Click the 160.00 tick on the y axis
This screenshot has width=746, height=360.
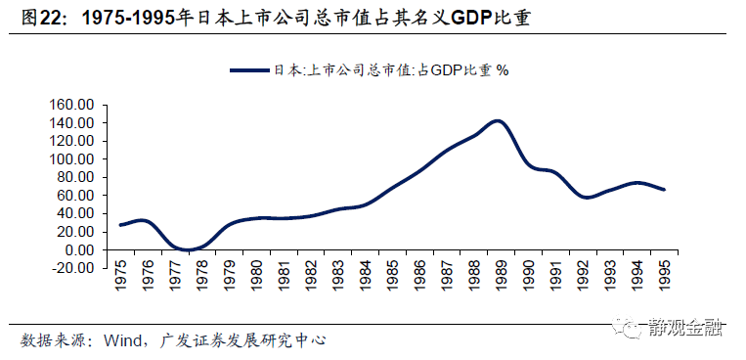[70, 105]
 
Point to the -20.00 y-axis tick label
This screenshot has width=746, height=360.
[70, 268]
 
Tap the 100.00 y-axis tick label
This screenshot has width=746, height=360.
[70, 159]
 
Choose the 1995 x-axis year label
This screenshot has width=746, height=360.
[665, 280]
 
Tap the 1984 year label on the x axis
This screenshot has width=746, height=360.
[366, 280]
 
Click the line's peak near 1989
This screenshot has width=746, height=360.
[499, 121]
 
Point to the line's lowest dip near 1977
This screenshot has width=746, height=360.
[186, 250]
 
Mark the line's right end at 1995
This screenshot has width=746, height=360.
[665, 190]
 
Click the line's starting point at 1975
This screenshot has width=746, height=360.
[120, 225]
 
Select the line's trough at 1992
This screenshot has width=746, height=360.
[586, 198]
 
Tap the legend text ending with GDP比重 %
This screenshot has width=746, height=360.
[392, 70]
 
